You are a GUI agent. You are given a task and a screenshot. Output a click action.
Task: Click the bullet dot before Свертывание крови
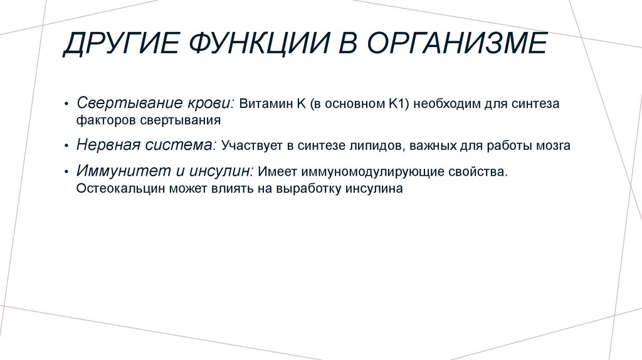tap(67, 103)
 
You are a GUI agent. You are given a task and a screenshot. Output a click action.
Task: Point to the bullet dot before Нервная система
tap(67, 146)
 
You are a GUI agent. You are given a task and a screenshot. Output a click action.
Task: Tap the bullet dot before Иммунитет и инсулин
tap(67, 172)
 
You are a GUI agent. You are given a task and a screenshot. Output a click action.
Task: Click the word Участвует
tap(247, 146)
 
